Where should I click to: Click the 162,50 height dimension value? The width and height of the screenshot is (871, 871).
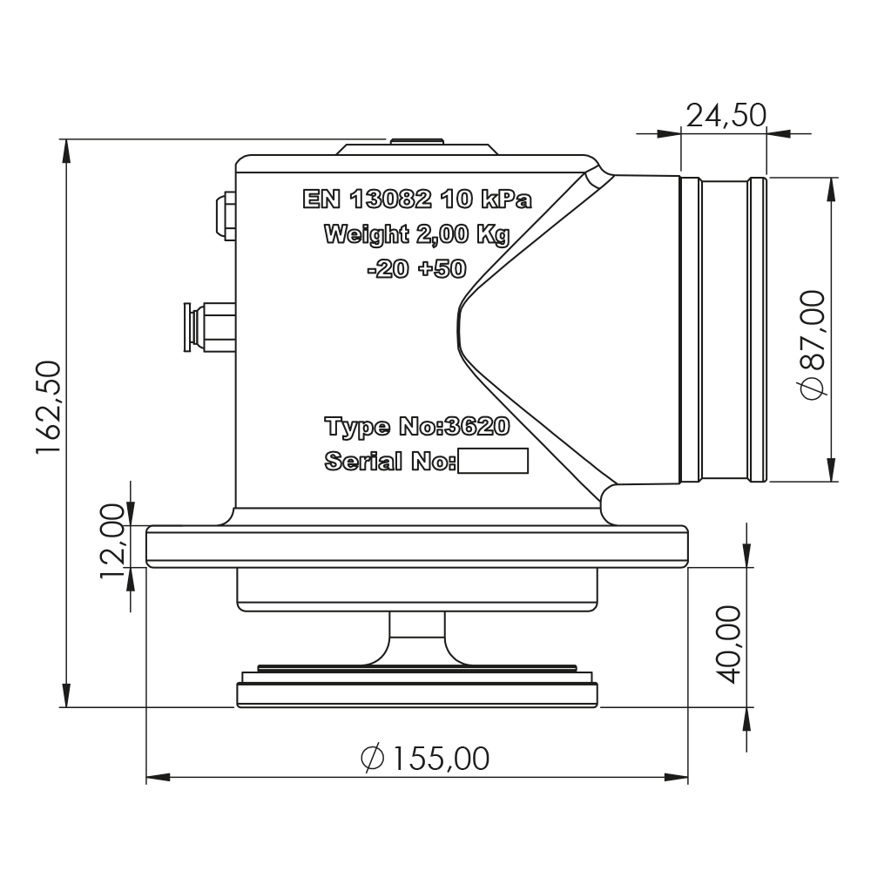tap(48, 407)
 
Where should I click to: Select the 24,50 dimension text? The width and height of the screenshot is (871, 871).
tap(726, 116)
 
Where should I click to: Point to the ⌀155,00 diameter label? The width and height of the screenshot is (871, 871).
tap(425, 759)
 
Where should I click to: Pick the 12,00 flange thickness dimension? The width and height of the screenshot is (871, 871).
tap(112, 542)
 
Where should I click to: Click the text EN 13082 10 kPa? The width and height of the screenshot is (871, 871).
tap(416, 199)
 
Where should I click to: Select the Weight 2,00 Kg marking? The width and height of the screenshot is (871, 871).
tap(416, 234)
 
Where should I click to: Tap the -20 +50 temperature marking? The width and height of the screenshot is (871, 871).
tap(416, 269)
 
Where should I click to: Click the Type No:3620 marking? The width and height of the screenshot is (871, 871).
tap(416, 427)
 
